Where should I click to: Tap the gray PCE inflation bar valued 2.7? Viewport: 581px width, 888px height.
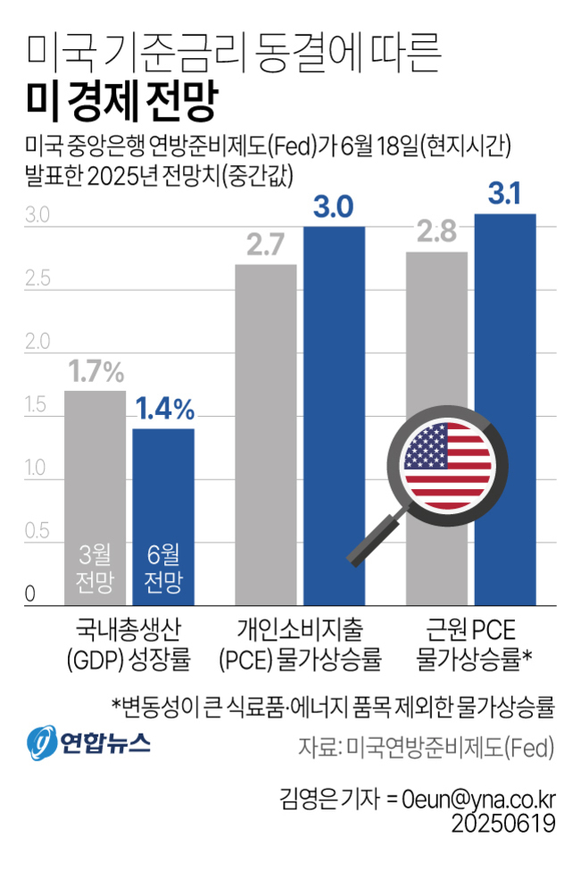(x=266, y=428)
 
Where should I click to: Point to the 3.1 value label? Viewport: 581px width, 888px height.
(x=505, y=194)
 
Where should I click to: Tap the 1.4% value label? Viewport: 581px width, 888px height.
(x=164, y=409)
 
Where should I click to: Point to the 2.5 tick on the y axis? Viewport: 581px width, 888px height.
(x=37, y=279)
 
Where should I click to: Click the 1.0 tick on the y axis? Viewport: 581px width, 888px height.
(x=37, y=468)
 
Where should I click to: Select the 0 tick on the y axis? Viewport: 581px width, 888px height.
(x=30, y=593)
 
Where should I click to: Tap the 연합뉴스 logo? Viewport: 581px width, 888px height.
(x=88, y=741)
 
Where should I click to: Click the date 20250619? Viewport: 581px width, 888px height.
(x=504, y=822)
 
